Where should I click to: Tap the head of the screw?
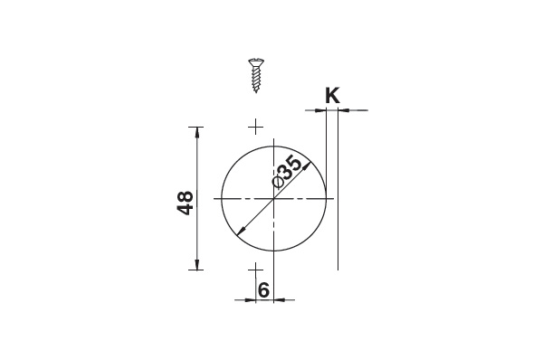pyautogui.click(x=256, y=62)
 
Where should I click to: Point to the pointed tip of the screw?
pyautogui.click(x=256, y=91)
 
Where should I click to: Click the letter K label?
pyautogui.click(x=332, y=96)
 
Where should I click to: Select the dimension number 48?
pyautogui.click(x=186, y=203)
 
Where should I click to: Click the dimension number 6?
pyautogui.click(x=263, y=289)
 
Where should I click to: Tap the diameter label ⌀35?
pyautogui.click(x=287, y=172)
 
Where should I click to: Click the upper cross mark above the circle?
pyautogui.click(x=255, y=127)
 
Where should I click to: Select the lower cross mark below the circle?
pyautogui.click(x=255, y=270)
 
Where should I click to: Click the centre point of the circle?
pyautogui.click(x=274, y=199)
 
